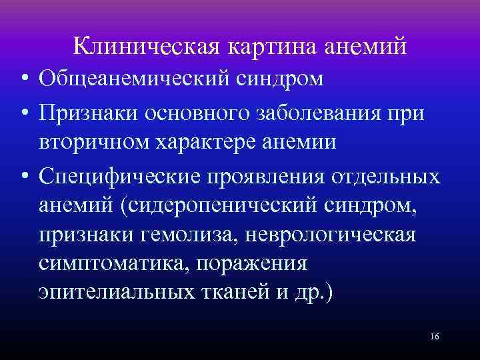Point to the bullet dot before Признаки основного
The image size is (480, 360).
tap(23, 112)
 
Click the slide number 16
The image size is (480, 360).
tap(434, 337)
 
